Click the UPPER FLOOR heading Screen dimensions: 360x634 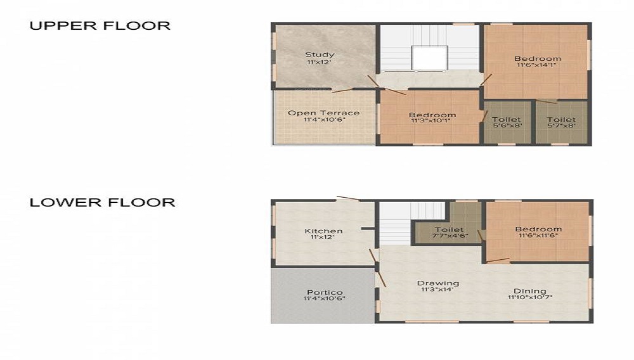[100, 26]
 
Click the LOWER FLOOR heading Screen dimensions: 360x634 [102, 203]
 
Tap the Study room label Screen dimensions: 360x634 [320, 55]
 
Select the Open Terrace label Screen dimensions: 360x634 [323, 113]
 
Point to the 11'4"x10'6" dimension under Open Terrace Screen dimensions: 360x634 [323, 120]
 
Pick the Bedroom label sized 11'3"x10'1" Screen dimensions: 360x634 [432, 115]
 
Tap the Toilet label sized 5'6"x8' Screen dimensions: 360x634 [506, 119]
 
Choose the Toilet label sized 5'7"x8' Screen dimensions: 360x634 [561, 119]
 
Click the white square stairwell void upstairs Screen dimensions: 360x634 [429, 58]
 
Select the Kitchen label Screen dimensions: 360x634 [323, 231]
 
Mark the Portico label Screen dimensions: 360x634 [324, 292]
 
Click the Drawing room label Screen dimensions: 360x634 [437, 283]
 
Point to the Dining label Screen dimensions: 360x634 [529, 291]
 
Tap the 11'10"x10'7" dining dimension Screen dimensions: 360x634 [529, 298]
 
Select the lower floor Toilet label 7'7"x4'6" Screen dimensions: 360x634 [449, 229]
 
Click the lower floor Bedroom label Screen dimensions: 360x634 [538, 229]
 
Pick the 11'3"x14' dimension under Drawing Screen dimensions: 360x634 [437, 290]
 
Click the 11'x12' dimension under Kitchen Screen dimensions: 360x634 [323, 238]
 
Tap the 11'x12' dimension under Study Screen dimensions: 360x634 [320, 62]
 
